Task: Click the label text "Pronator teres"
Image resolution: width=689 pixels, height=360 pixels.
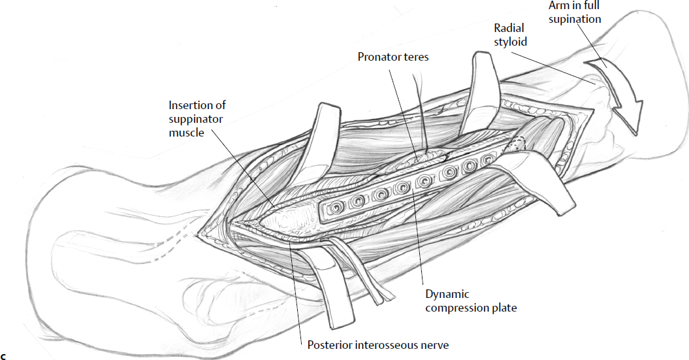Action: click(393, 57)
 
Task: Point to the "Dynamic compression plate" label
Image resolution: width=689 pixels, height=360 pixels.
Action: click(471, 301)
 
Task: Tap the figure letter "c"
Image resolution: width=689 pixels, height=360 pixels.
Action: click(4, 355)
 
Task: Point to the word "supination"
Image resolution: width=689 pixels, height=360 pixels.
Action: click(574, 20)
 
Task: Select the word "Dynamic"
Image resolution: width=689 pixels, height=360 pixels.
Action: click(447, 295)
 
